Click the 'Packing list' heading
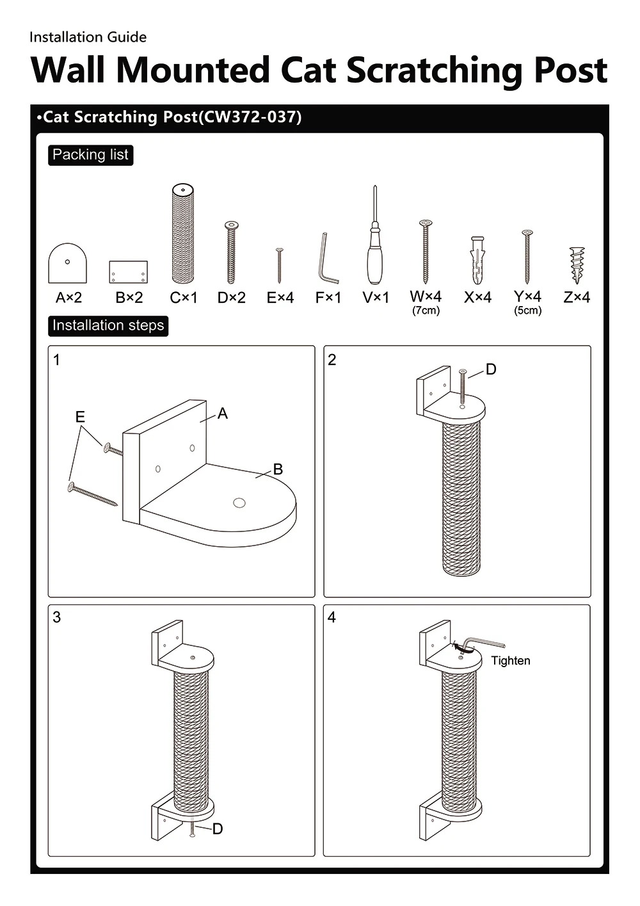[90, 155]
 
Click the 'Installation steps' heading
[108, 326]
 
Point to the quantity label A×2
[68, 298]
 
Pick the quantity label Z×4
[577, 297]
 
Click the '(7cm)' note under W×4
[426, 311]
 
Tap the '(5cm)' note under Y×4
[528, 311]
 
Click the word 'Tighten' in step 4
[511, 661]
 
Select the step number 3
[57, 617]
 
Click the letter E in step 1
[80, 417]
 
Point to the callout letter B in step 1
[278, 469]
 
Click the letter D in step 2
[491, 369]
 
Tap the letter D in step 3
[218, 829]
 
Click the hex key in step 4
[483, 644]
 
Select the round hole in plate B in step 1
[239, 503]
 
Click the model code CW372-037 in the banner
[250, 117]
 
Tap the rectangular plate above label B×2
[128, 272]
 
